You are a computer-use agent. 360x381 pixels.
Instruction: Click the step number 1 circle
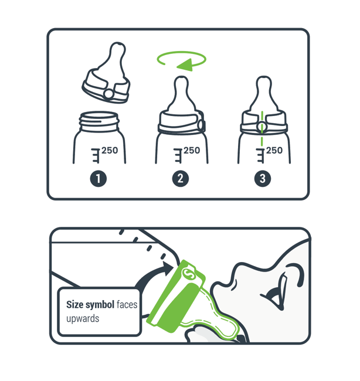click(x=98, y=179)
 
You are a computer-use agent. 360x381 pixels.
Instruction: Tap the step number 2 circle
click(x=181, y=179)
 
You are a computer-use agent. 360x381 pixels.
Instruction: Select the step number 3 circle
click(x=263, y=179)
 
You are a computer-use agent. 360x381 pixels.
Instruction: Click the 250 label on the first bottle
click(x=110, y=151)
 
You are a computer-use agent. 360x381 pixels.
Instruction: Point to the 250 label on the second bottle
click(x=192, y=151)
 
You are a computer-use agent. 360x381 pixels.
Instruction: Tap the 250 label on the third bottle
click(x=274, y=151)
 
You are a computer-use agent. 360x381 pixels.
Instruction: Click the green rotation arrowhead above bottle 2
click(x=185, y=65)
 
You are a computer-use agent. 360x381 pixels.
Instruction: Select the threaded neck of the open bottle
click(x=99, y=121)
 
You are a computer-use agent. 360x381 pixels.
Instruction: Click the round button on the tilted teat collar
click(x=108, y=94)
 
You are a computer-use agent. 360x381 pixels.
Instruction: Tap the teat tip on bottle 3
click(x=263, y=81)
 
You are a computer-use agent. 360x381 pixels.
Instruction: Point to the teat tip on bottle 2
click(x=181, y=81)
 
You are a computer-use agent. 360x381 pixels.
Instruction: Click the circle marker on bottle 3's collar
click(x=261, y=126)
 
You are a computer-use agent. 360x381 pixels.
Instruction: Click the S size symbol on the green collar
click(x=189, y=274)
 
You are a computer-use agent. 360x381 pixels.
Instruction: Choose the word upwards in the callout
click(x=83, y=318)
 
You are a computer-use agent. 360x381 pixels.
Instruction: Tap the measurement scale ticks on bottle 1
click(x=96, y=155)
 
